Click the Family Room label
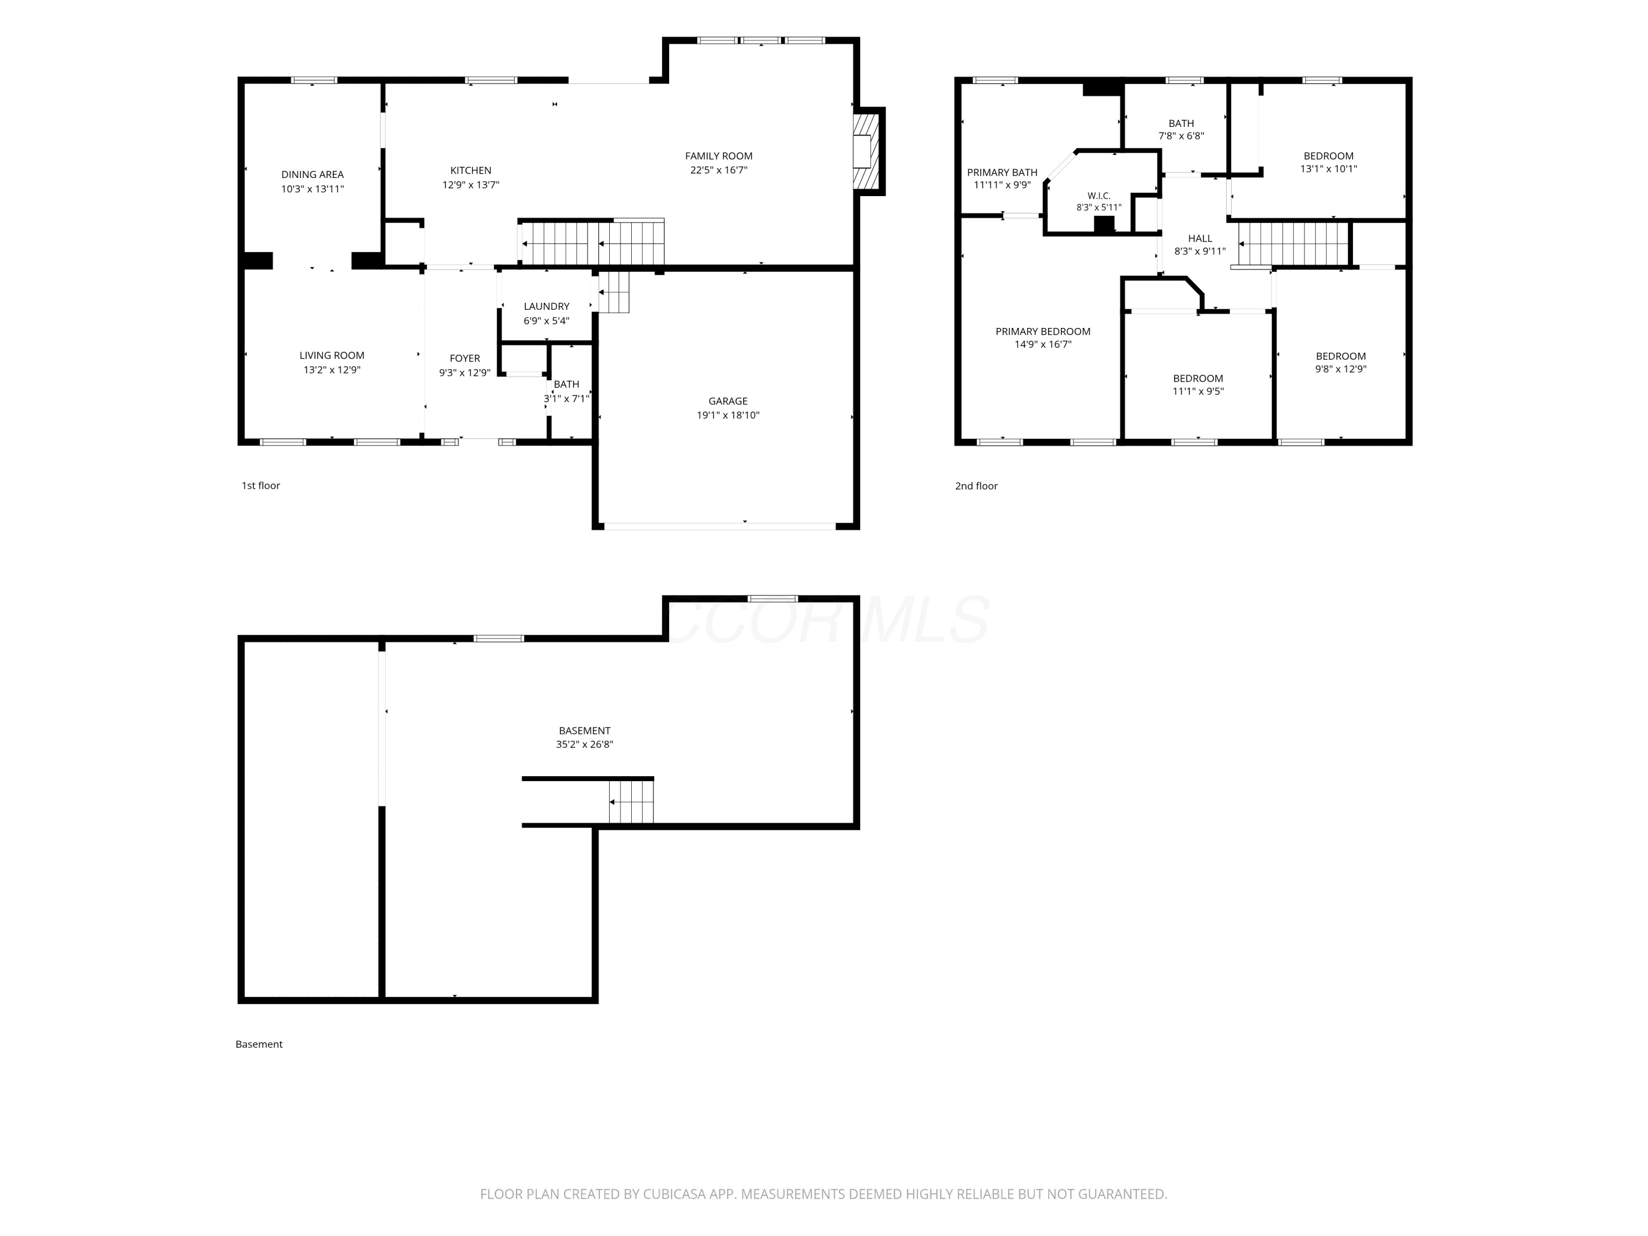click(x=718, y=155)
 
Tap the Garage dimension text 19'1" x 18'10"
click(x=728, y=415)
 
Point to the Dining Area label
click(x=312, y=174)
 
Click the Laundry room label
click(x=546, y=306)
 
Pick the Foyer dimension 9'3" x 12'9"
click(x=464, y=372)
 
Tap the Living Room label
click(x=332, y=355)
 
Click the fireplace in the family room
click(x=868, y=151)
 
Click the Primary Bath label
click(x=1002, y=172)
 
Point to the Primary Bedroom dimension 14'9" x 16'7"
click(x=1043, y=344)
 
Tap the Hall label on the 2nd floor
click(x=1200, y=238)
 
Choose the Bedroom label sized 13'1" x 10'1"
click(x=1328, y=155)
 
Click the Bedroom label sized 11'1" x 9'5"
click(x=1198, y=378)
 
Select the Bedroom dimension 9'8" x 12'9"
click(x=1340, y=369)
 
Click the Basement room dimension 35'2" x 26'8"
click(x=584, y=744)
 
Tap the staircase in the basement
click(x=631, y=801)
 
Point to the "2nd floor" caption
click(x=976, y=486)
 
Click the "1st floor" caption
click(x=261, y=486)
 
